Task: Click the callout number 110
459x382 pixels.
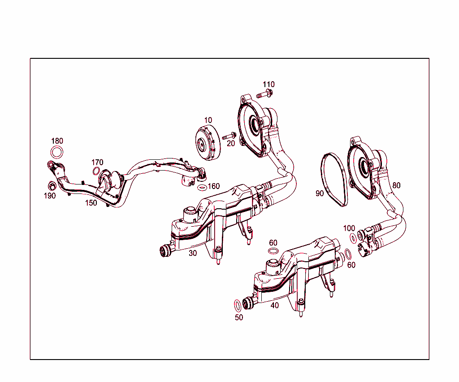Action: pos(268,84)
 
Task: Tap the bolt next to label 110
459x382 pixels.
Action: pos(265,94)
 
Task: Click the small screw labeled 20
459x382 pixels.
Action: pos(230,135)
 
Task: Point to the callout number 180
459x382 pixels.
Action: pos(57,141)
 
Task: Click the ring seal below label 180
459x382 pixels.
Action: pos(57,153)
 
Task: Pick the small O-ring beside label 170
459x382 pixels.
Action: pos(96,171)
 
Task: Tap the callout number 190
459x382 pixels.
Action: pos(49,196)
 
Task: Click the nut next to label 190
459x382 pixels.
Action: pos(52,185)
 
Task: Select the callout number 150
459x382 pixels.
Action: pos(91,203)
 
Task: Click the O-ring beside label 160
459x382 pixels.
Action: pos(202,187)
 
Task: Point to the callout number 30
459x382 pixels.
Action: pos(193,253)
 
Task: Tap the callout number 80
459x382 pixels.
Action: pos(396,185)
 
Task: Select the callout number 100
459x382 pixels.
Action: pos(349,228)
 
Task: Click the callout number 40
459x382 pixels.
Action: pos(274,305)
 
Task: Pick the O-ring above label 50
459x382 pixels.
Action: pos(238,305)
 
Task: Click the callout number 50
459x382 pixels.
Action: pos(239,317)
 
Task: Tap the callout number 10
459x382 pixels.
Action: pos(208,120)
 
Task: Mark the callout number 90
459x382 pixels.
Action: pos(319,193)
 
